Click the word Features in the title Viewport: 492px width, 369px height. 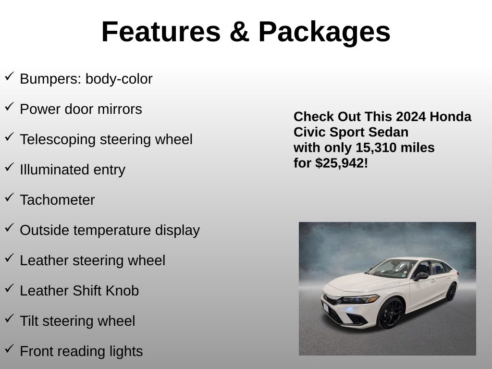click(x=161, y=31)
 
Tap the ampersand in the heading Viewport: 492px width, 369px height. click(x=239, y=31)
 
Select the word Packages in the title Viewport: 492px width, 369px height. click(x=324, y=33)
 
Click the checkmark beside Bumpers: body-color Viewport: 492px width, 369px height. click(x=10, y=76)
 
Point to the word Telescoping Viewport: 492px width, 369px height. click(x=58, y=140)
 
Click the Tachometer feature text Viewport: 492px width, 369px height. click(x=58, y=200)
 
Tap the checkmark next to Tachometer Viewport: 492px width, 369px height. click(x=10, y=197)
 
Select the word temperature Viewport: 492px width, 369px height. click(x=112, y=231)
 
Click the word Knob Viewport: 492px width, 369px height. click(x=123, y=291)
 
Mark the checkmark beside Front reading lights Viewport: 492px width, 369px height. click(x=10, y=349)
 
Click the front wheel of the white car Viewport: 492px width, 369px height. click(x=390, y=313)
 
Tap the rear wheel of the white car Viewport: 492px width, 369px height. click(x=451, y=292)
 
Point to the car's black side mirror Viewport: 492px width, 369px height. click(x=421, y=276)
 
